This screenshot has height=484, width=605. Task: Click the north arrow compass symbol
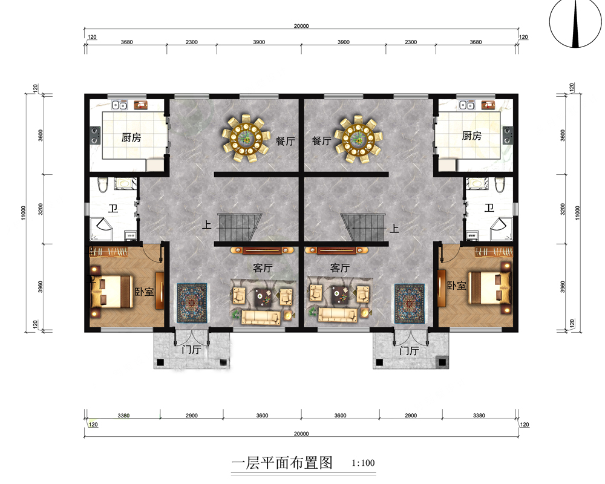pos(575,25)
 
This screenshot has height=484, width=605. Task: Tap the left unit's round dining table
pos(246,139)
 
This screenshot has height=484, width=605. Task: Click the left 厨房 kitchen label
pos(131,138)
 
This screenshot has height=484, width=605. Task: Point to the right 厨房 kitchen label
pos(472,136)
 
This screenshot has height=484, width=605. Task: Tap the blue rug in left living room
pos(192,303)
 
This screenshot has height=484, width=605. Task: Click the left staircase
pos(239,228)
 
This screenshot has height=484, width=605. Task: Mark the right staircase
pos(364,228)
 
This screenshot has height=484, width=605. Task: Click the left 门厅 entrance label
pos(191,350)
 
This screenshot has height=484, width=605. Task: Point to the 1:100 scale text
pos(363,464)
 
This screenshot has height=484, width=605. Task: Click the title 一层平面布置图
pos(283,463)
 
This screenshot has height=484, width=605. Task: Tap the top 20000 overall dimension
pos(301,26)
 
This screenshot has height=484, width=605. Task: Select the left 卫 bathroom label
pos(113,209)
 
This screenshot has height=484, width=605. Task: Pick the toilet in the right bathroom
pos(499,184)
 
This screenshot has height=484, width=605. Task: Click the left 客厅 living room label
pos(262,267)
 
